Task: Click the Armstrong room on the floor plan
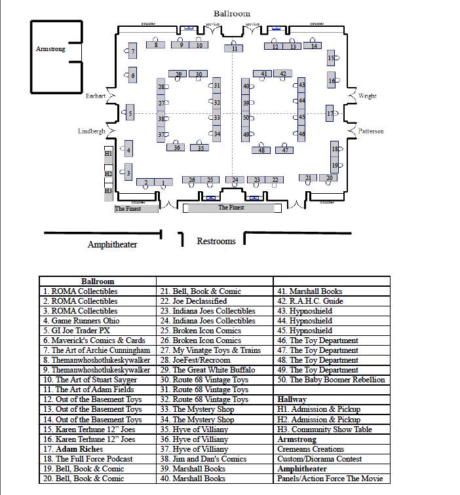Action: (51, 50)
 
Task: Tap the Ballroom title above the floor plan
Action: (231, 14)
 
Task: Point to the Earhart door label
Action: (95, 96)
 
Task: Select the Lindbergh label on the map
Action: (91, 132)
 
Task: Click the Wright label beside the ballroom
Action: (368, 96)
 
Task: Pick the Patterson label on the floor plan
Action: (371, 132)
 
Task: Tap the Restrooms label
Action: (216, 242)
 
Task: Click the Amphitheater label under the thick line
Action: (112, 245)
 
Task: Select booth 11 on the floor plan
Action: (234, 48)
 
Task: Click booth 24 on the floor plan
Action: (234, 179)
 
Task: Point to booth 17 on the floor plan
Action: (330, 113)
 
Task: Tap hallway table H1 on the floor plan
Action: (109, 153)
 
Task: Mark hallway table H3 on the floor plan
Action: (109, 191)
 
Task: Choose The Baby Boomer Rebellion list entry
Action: (332, 380)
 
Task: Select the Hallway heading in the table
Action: (292, 399)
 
